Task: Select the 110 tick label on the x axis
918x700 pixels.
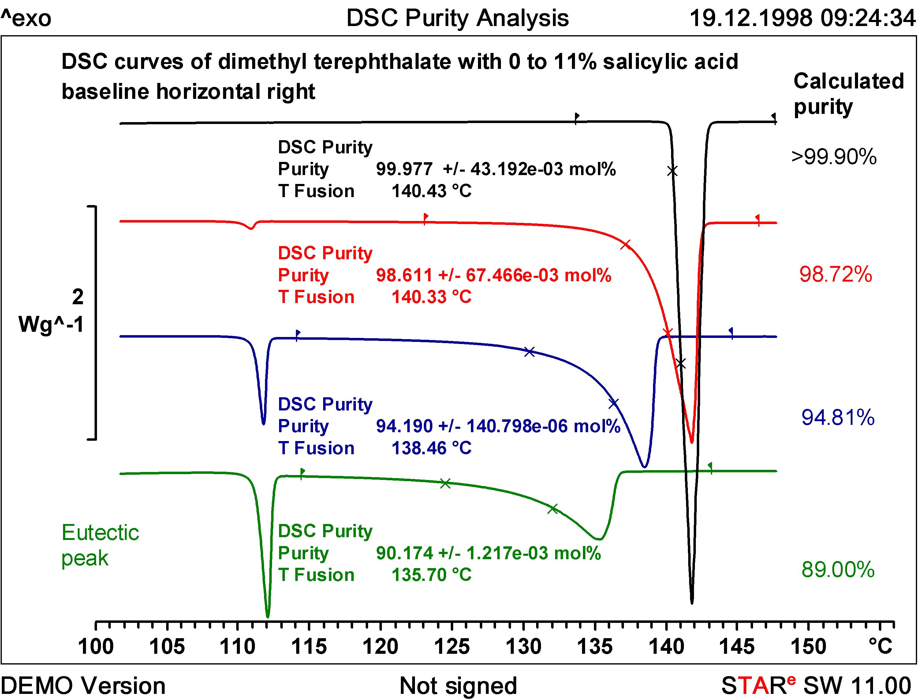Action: tap(237, 647)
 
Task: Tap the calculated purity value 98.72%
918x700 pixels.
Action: tap(835, 275)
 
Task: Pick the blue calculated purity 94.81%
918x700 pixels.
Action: tap(838, 417)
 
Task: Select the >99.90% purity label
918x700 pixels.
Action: tap(834, 157)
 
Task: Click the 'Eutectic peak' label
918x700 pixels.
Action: tap(100, 545)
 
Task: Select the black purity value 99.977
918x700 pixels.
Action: tap(404, 169)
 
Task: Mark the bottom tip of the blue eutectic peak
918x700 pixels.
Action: tap(263, 424)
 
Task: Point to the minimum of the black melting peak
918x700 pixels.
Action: tap(692, 602)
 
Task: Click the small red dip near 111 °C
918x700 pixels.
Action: tap(251, 228)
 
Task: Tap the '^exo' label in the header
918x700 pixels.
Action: tap(26, 19)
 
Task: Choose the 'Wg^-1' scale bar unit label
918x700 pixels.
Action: tap(51, 324)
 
